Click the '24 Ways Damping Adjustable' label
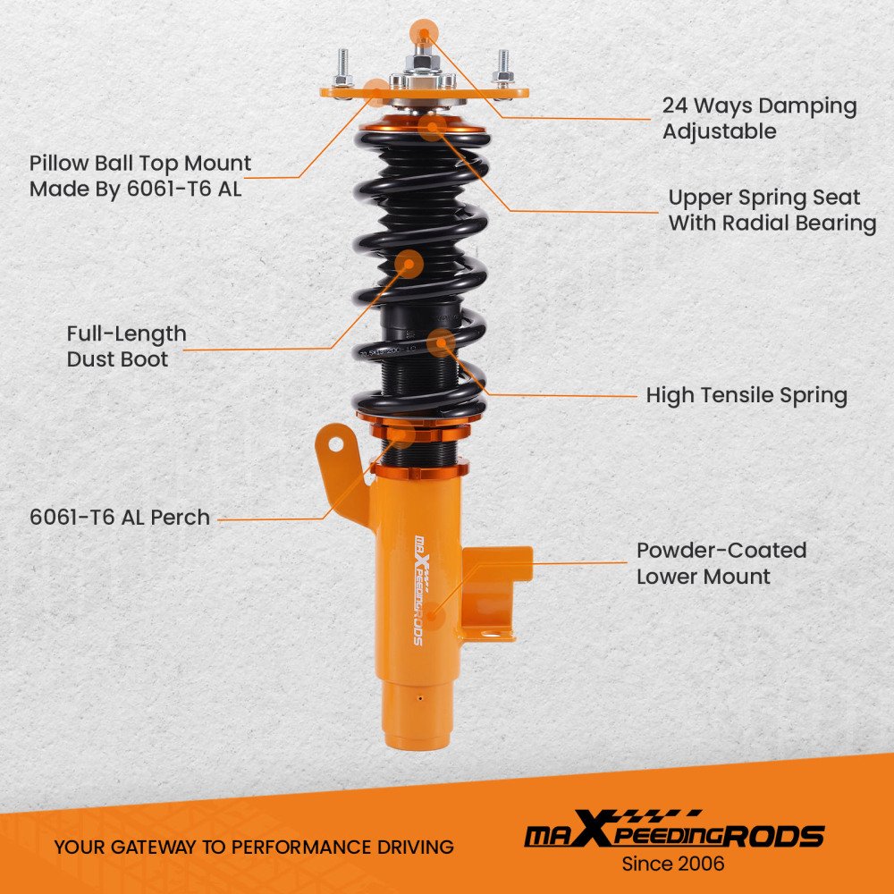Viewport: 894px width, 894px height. (759, 118)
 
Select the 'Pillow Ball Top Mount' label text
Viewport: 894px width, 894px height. (140, 176)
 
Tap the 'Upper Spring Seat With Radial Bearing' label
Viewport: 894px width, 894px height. (772, 210)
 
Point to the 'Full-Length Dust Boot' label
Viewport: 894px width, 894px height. (126, 346)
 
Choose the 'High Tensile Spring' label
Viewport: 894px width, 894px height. (746, 394)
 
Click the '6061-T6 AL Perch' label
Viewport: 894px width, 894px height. (120, 517)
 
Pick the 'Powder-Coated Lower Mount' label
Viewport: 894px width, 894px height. (721, 563)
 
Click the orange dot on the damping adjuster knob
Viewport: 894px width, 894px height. (423, 35)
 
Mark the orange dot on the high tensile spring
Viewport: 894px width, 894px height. (441, 342)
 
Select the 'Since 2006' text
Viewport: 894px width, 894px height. (673, 864)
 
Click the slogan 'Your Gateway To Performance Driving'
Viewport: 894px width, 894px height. (254, 847)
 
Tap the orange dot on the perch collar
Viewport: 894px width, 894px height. (403, 435)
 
